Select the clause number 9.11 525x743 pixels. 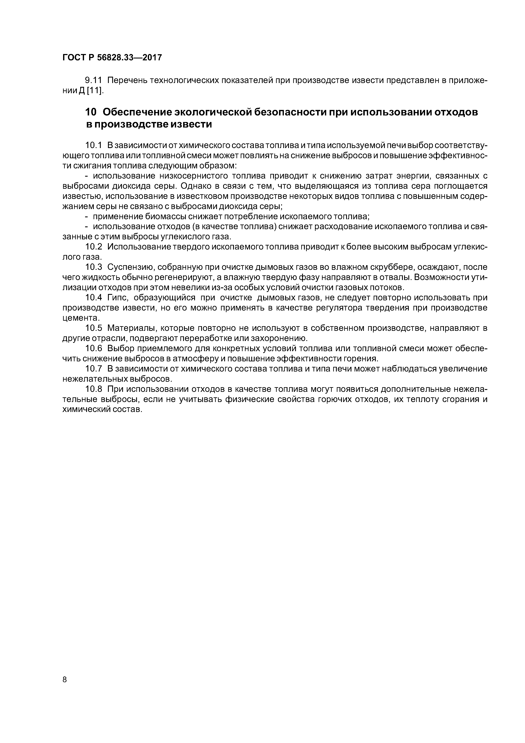click(x=93, y=80)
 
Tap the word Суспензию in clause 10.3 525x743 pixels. click(x=128, y=267)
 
